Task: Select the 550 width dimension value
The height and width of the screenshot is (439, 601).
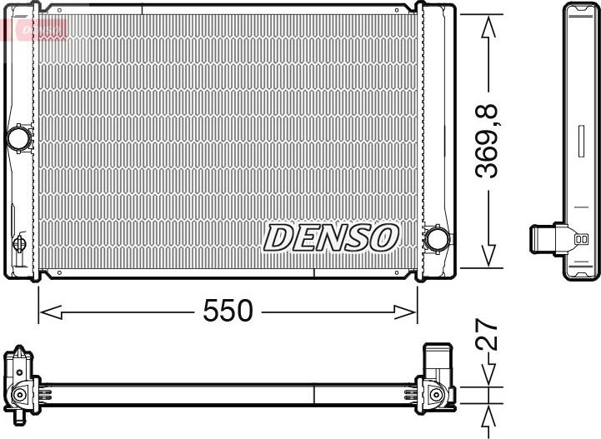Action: (227, 312)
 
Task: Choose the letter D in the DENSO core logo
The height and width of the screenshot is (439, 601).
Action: (277, 238)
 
